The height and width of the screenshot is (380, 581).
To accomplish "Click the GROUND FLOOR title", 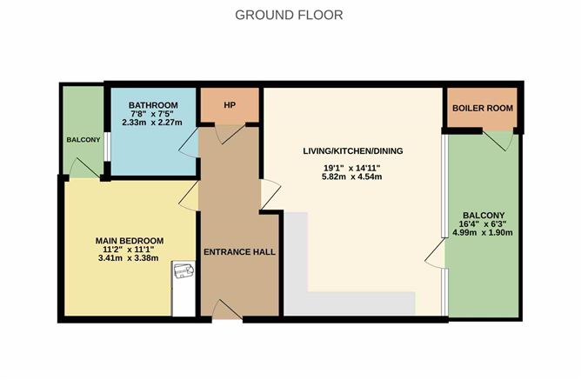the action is (x=289, y=15).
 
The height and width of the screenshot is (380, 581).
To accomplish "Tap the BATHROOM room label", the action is (x=153, y=105).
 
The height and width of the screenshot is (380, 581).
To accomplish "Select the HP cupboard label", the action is (x=230, y=105).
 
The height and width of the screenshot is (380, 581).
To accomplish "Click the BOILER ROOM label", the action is (x=483, y=108).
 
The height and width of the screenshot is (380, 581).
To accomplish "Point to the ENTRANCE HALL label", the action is (x=239, y=252).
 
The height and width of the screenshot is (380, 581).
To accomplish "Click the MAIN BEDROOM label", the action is (x=130, y=241).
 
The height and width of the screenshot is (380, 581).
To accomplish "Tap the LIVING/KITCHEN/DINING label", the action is (x=353, y=151).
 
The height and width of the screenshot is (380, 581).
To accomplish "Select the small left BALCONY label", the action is (x=83, y=140).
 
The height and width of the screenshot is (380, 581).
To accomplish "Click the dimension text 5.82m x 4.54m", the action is (x=352, y=177).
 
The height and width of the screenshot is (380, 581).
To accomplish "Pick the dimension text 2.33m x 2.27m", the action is (x=152, y=123).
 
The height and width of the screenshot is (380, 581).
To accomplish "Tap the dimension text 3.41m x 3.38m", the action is (x=129, y=258).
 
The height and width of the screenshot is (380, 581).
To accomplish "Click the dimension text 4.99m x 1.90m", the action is (x=483, y=232).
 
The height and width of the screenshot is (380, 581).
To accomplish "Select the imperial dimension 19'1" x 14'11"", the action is (x=352, y=168).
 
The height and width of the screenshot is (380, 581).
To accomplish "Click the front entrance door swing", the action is (x=228, y=310).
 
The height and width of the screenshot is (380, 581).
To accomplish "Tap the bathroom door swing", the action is (x=189, y=143).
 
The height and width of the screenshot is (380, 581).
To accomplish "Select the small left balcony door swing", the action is (x=85, y=168).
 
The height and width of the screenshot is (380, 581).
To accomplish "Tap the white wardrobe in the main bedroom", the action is (x=184, y=289).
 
